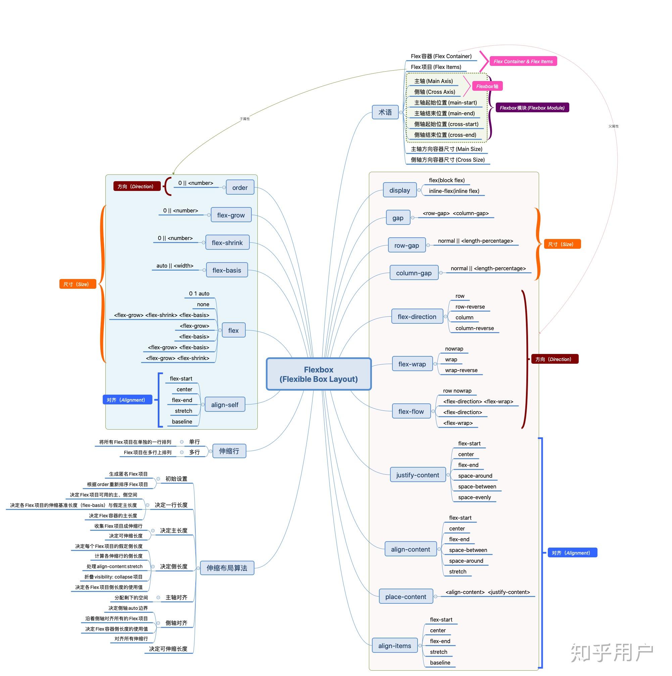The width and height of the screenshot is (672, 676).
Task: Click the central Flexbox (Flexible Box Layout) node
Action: point(318,374)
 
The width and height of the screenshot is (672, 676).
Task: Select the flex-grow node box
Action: point(231,215)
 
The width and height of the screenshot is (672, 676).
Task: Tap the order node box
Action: point(240,188)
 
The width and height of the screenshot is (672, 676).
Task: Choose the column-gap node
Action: point(414,273)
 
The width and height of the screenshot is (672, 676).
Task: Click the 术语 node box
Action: point(385,112)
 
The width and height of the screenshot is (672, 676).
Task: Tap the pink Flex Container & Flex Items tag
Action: point(523,62)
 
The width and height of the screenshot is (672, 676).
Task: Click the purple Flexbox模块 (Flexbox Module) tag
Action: point(532,108)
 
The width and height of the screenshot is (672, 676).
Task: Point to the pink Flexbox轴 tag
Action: point(487,86)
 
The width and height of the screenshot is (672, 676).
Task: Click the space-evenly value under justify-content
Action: point(475,498)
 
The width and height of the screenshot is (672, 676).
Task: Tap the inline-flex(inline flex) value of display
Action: point(454,191)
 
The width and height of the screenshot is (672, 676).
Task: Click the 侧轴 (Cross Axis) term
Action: point(435,92)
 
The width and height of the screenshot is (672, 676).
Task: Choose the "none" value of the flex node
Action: point(203,305)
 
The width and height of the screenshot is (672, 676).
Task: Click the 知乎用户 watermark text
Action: point(612,653)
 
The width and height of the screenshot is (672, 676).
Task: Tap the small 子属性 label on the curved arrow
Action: point(245,119)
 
